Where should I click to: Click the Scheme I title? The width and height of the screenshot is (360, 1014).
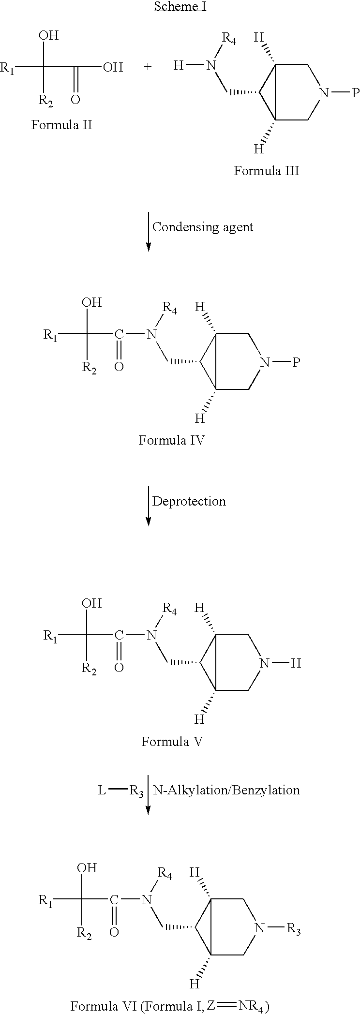point(180,6)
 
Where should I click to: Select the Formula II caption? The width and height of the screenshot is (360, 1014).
point(61,125)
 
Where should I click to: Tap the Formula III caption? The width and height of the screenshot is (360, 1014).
point(267,171)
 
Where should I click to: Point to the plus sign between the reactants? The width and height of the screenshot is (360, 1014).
point(148,67)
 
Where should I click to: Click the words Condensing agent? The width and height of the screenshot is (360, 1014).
point(203,227)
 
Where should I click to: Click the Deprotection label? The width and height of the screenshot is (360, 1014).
point(189,501)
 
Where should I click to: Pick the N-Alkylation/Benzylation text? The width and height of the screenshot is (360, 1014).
point(226,790)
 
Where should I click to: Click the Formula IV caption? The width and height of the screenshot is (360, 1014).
point(171,440)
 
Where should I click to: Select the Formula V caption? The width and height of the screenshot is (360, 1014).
point(171,742)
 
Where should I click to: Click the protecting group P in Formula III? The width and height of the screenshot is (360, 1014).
point(355,93)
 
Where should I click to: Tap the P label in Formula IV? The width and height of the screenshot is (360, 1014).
point(296,362)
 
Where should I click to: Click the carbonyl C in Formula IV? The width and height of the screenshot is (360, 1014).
point(119,334)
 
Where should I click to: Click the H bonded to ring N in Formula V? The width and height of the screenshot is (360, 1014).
point(296,663)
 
